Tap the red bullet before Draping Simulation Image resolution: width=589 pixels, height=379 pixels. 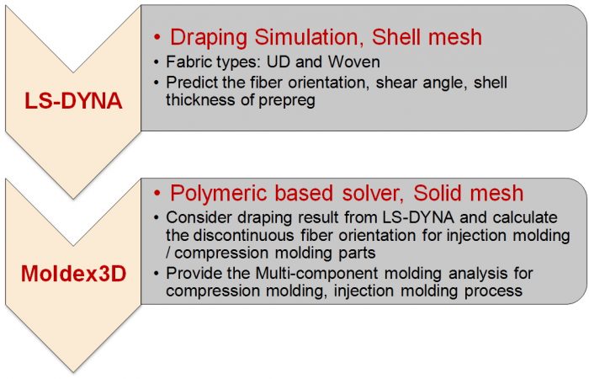pyautogui.click(x=157, y=38)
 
